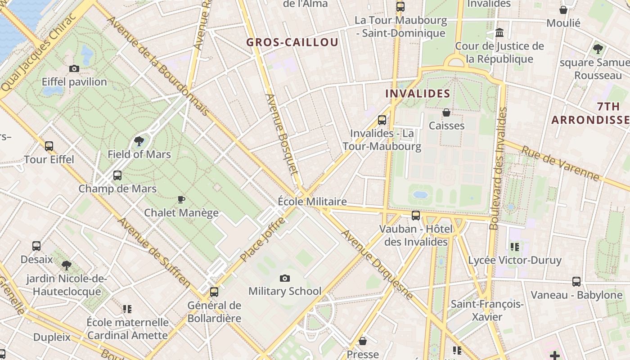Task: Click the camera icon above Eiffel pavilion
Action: click(74, 69)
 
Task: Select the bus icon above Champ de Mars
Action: click(117, 175)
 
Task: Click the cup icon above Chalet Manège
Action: click(181, 199)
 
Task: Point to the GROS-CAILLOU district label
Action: click(292, 43)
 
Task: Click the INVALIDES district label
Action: click(418, 94)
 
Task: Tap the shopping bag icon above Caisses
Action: click(446, 112)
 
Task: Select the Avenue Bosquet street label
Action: click(282, 134)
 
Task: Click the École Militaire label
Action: click(312, 202)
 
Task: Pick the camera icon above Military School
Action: click(285, 278)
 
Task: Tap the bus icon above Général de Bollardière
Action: click(214, 292)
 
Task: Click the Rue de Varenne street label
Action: click(561, 163)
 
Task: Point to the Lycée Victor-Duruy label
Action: click(515, 260)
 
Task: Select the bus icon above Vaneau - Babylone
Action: click(576, 282)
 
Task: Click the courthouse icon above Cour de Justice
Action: click(499, 33)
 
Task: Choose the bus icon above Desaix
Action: click(36, 246)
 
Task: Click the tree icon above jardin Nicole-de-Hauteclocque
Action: click(67, 265)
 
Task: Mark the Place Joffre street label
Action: click(263, 239)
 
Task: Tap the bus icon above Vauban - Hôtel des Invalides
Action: click(416, 216)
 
